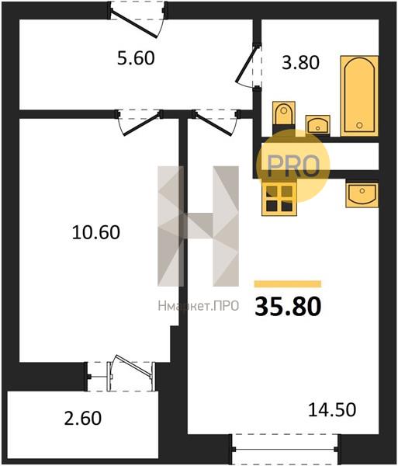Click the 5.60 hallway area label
(136, 58)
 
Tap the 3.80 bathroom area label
(300, 62)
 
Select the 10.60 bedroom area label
(96, 232)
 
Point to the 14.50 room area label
(332, 409)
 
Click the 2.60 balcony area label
(83, 418)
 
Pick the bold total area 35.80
(288, 307)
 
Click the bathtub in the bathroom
(359, 96)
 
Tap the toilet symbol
(284, 114)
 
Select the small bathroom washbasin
(317, 124)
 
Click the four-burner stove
(279, 199)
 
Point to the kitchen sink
(362, 195)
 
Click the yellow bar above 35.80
(288, 283)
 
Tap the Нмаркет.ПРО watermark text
(199, 305)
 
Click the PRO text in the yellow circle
(293, 165)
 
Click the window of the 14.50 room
(285, 449)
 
